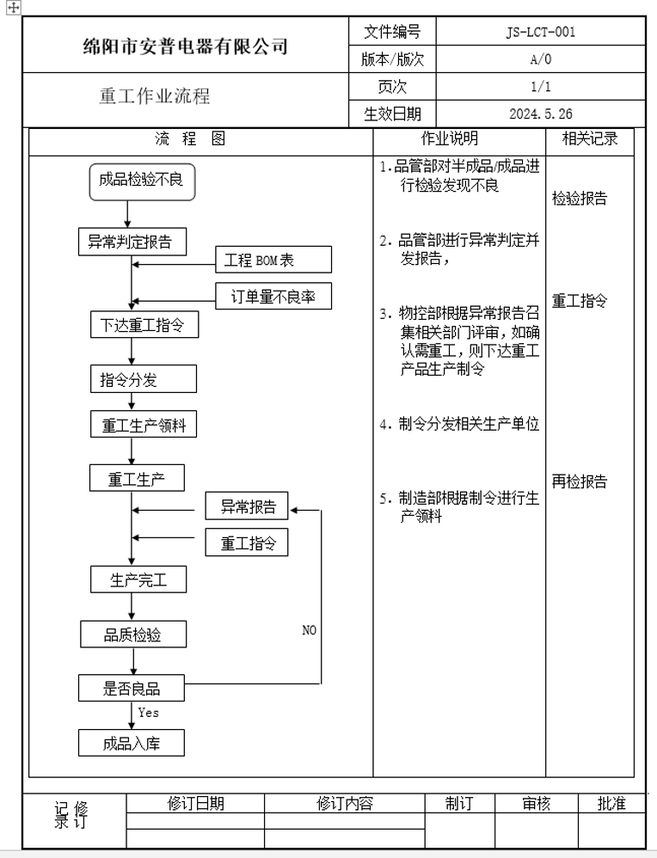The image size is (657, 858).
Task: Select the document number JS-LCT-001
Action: (541, 33)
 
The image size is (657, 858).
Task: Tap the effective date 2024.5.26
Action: (541, 113)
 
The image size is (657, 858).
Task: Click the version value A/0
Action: (541, 60)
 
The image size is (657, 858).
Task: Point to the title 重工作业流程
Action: (154, 96)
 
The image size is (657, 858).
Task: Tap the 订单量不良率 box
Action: (273, 297)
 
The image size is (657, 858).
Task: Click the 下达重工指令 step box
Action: (138, 326)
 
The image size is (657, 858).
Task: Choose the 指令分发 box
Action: (143, 379)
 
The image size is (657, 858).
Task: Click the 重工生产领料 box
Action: (144, 425)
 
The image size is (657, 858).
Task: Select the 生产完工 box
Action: (138, 580)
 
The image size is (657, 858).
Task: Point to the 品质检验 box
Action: (132, 635)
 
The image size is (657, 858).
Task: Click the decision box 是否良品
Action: (132, 688)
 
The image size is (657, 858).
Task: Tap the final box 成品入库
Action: (132, 744)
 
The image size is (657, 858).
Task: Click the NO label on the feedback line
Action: (309, 630)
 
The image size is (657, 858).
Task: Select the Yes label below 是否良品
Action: (148, 713)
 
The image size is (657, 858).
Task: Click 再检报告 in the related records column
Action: (579, 481)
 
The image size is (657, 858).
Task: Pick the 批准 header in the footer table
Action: (611, 804)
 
